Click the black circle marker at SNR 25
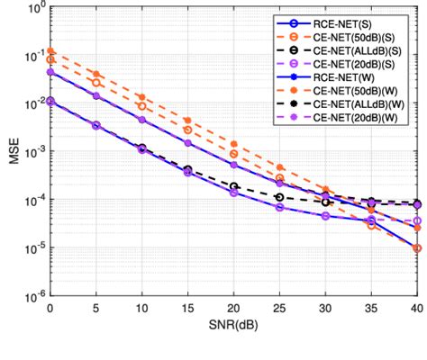click(x=279, y=197)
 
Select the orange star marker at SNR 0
click(x=50, y=51)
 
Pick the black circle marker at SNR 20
click(x=233, y=186)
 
